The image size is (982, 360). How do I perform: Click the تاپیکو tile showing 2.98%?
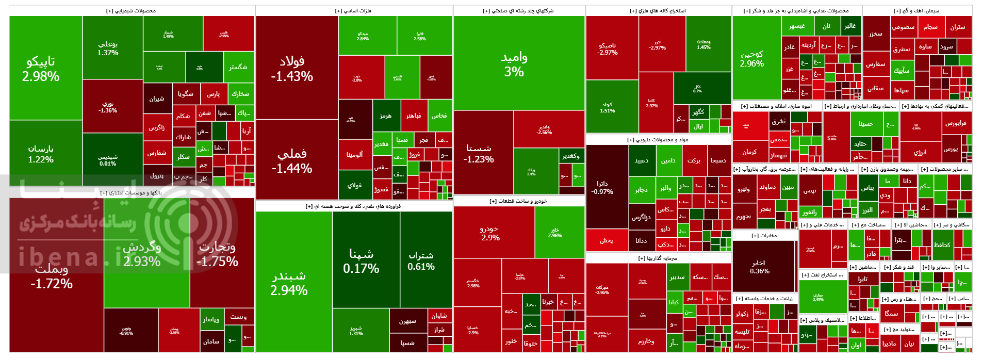[x=41, y=69]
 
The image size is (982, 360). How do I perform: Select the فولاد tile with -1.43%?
[x=292, y=69]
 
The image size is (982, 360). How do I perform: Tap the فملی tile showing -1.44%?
[x=292, y=161]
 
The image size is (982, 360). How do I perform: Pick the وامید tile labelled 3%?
[x=514, y=64]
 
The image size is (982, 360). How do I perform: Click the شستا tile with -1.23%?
[x=479, y=154]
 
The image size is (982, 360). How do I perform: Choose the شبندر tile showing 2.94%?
[x=289, y=283]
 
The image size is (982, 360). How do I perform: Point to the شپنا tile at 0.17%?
[x=361, y=261]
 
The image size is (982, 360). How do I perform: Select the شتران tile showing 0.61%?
[x=421, y=260]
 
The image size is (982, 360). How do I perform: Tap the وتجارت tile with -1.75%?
[x=217, y=254]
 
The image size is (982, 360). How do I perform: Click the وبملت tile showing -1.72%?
[x=52, y=276]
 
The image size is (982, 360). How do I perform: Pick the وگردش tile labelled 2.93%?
[x=142, y=254]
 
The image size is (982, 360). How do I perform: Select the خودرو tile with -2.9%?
[x=489, y=233]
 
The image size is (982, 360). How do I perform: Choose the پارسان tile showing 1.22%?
[x=41, y=154]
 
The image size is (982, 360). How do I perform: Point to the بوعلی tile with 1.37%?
[x=108, y=48]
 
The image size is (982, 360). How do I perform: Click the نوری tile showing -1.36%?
[x=108, y=107]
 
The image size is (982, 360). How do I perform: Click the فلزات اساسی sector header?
[x=353, y=11]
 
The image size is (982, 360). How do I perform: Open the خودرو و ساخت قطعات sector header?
[x=518, y=201]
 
